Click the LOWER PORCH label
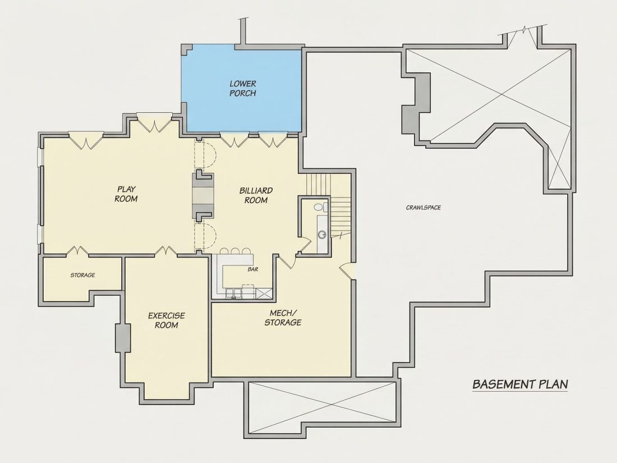(x=243, y=89)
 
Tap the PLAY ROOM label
(x=126, y=194)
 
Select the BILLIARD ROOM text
(x=256, y=195)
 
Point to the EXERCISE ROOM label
(x=166, y=320)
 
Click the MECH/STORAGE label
(x=283, y=318)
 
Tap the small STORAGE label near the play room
(x=82, y=275)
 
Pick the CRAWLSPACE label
(x=423, y=208)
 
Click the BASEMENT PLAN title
(x=520, y=384)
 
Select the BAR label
(x=252, y=270)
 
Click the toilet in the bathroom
(x=319, y=207)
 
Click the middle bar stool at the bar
(x=235, y=251)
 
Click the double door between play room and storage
(x=77, y=251)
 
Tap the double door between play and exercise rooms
(x=165, y=251)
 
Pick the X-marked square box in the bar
(x=263, y=294)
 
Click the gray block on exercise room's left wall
(x=123, y=338)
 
